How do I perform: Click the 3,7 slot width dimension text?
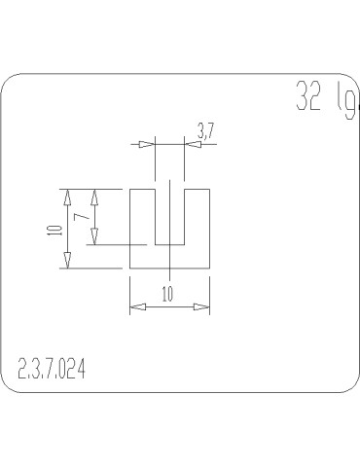coord(205,129)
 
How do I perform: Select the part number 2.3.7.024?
coord(51,369)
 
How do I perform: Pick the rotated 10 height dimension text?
coord(54,230)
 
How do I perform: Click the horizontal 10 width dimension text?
coord(169,295)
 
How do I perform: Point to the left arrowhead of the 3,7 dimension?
coord(146,145)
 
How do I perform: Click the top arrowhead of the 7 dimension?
coord(93,196)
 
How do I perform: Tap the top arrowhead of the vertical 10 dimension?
coord(67,196)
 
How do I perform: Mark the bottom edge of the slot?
coord(169,244)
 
